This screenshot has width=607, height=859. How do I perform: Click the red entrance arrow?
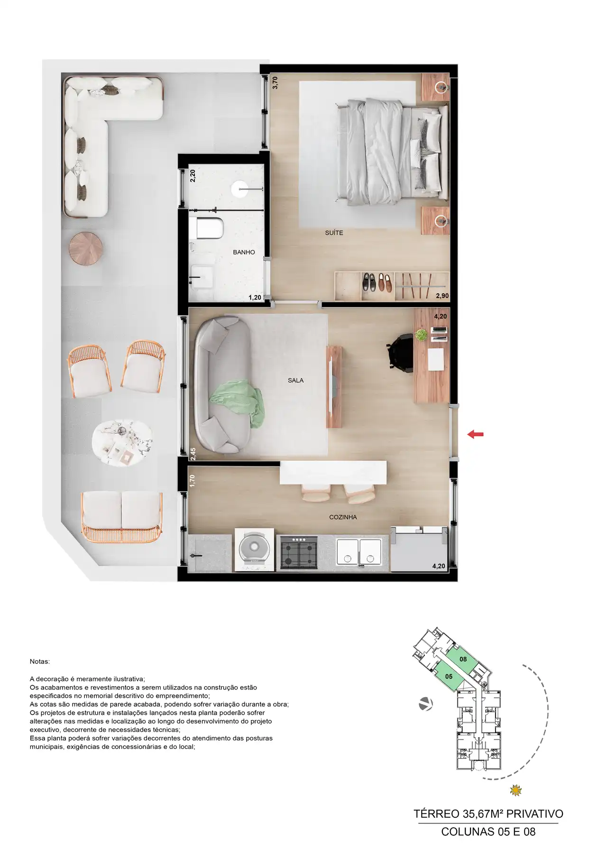point(475,434)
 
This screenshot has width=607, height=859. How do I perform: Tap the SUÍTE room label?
point(334,233)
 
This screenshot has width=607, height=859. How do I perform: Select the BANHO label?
point(244,252)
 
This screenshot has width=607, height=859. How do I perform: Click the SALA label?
point(295,381)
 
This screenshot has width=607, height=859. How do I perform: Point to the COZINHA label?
point(343,517)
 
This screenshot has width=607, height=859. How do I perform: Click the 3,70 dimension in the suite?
point(275,83)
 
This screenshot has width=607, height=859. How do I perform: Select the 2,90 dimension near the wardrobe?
point(442,296)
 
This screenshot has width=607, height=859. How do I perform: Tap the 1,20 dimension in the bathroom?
point(255,298)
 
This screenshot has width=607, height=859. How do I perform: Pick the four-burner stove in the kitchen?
point(299,552)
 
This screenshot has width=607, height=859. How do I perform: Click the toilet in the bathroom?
point(209,228)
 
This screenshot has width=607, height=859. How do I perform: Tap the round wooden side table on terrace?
point(86,249)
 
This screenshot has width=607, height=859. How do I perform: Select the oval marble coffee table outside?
point(122,443)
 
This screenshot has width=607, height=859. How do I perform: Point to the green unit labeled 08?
point(463,659)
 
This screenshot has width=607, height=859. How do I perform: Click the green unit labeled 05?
point(449,676)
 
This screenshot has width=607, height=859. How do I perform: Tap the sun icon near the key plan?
point(515,791)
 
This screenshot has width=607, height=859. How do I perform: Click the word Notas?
point(39,662)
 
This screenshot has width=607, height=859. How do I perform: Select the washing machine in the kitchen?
point(255,551)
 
